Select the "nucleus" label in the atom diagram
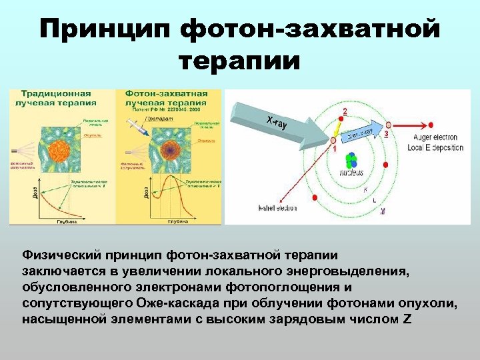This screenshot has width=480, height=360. click(351, 172)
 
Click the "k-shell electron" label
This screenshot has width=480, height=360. click(281, 208)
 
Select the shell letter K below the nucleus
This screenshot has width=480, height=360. click(365, 189)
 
